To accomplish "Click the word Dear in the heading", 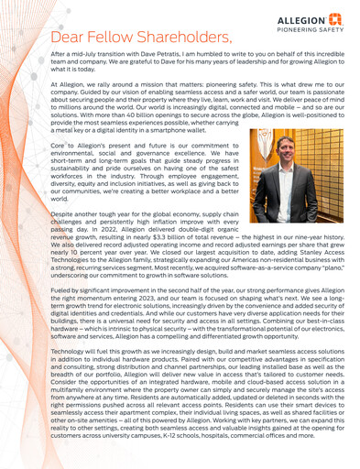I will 71,38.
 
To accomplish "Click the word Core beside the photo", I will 57,146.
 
